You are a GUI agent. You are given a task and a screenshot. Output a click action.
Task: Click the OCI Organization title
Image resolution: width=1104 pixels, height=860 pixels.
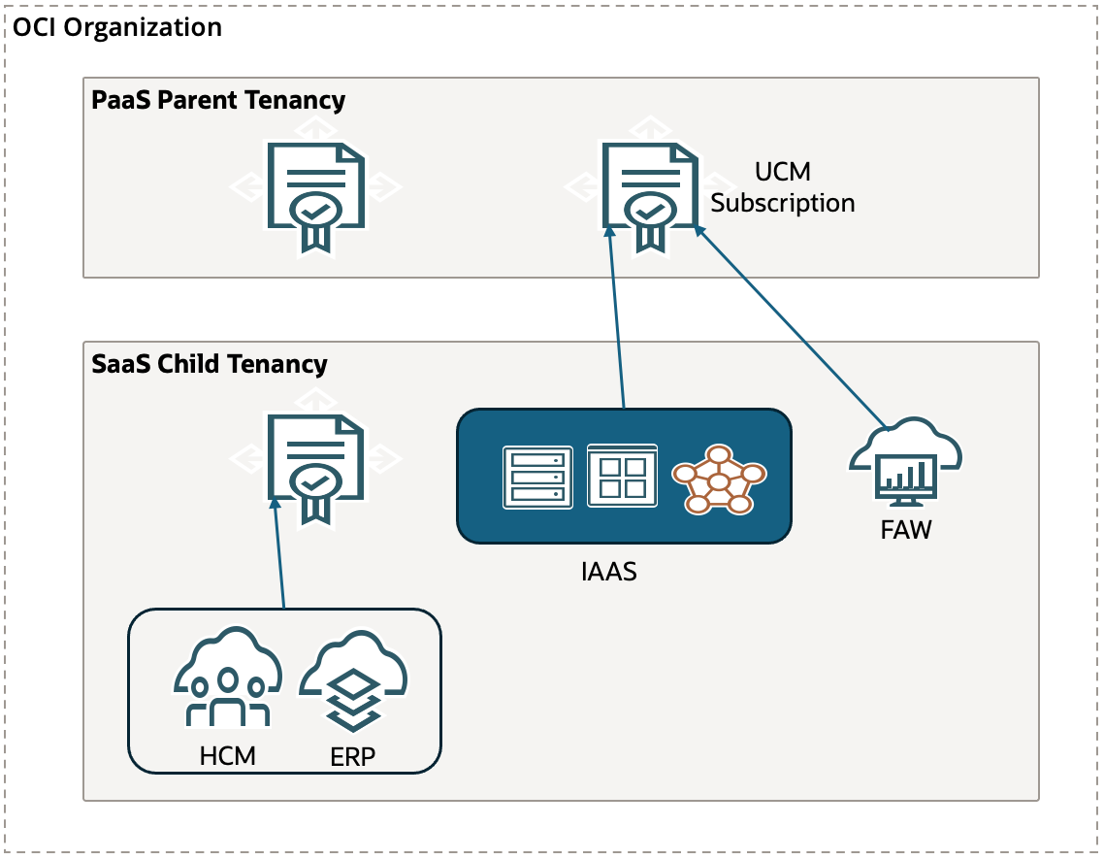point(117,27)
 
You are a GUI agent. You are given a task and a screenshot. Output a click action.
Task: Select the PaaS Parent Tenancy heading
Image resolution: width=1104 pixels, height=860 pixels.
point(218,100)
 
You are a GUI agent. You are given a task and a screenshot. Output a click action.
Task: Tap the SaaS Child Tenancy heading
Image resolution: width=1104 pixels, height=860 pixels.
point(210,364)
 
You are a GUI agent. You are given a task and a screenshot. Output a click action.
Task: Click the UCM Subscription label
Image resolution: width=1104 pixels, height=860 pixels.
point(783,187)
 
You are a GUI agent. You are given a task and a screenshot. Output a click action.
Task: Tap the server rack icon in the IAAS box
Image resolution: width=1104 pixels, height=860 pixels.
point(537,476)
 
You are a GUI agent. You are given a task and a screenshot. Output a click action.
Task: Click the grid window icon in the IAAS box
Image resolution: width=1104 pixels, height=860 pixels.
point(622,476)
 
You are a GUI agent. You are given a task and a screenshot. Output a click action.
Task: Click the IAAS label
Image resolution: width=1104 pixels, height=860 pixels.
point(608,571)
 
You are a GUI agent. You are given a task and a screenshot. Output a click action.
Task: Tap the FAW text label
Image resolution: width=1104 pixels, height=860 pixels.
point(904,531)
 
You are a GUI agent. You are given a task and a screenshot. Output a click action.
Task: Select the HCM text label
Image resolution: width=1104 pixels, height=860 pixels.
point(228,755)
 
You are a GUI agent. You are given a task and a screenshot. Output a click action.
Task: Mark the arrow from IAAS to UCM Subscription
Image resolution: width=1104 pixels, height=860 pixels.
point(616,320)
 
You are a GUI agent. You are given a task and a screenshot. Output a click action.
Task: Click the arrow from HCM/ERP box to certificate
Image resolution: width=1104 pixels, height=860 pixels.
point(279,553)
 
